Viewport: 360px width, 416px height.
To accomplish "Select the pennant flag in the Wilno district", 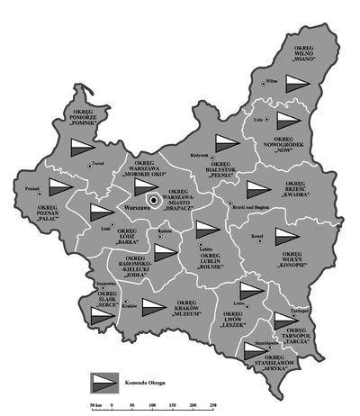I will pyautogui.click(x=299, y=85).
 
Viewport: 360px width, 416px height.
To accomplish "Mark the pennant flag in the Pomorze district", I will pyautogui.click(x=81, y=148).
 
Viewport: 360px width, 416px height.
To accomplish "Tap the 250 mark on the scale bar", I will pyautogui.click(x=213, y=398).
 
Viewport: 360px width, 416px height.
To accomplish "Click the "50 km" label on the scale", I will pyautogui.click(x=86, y=398).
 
